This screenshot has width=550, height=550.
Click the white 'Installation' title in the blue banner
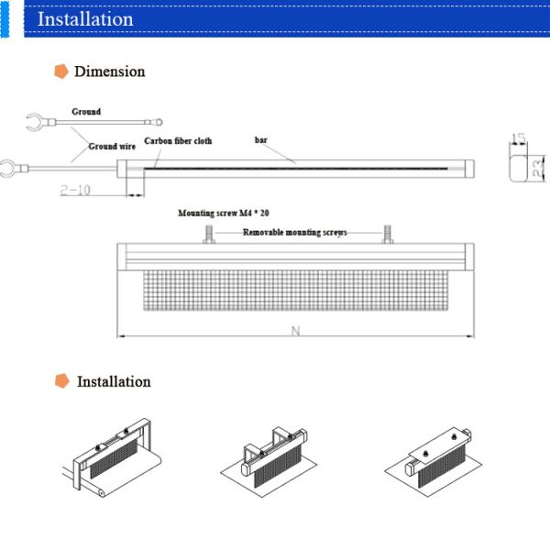[x=84, y=18]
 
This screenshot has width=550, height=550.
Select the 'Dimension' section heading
[x=109, y=71]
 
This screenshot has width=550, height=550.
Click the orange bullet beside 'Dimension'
[x=61, y=71]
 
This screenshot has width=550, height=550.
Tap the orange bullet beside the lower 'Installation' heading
[x=61, y=381]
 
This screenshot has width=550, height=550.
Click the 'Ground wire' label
[x=111, y=146]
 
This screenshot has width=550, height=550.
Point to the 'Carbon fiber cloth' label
[x=178, y=141]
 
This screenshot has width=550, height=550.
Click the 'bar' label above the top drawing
[x=261, y=140]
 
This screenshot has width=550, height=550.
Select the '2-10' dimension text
[x=77, y=190]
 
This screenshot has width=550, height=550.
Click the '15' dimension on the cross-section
[x=518, y=138]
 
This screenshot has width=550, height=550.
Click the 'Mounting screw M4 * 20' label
[x=223, y=213]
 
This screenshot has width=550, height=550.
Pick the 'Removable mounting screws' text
[x=294, y=233]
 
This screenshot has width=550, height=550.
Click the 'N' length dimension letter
[x=295, y=332]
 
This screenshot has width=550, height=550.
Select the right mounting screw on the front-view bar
[x=388, y=235]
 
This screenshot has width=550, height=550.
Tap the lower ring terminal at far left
[x=11, y=168]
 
